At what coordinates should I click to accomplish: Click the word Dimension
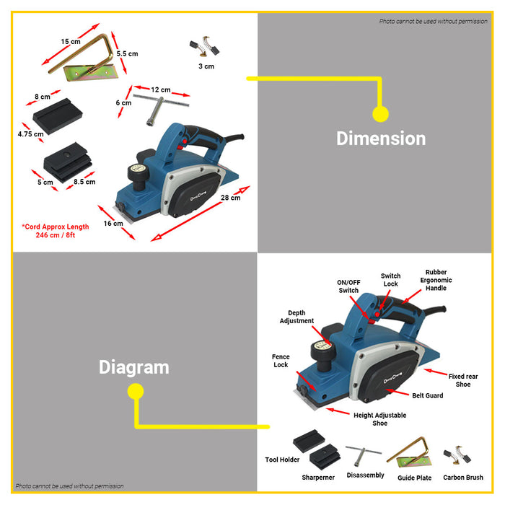[381, 139]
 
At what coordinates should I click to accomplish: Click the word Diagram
[134, 367]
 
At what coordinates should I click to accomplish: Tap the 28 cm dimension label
[231, 198]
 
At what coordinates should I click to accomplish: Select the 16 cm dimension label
[113, 224]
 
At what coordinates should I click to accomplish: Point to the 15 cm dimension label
[71, 42]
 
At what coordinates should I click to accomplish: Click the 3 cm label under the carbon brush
[206, 66]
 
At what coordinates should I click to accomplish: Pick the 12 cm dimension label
[160, 90]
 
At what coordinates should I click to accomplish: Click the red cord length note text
[56, 231]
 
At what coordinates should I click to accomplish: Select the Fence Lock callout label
[281, 361]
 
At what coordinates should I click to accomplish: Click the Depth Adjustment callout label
[297, 317]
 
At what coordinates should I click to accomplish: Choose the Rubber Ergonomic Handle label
[436, 281]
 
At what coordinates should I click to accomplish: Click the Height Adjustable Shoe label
[379, 419]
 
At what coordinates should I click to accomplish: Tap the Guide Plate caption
[415, 478]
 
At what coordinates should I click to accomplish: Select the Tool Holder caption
[282, 460]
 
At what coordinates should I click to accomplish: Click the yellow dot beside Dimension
[380, 113]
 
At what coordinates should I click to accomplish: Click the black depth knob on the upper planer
[137, 173]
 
